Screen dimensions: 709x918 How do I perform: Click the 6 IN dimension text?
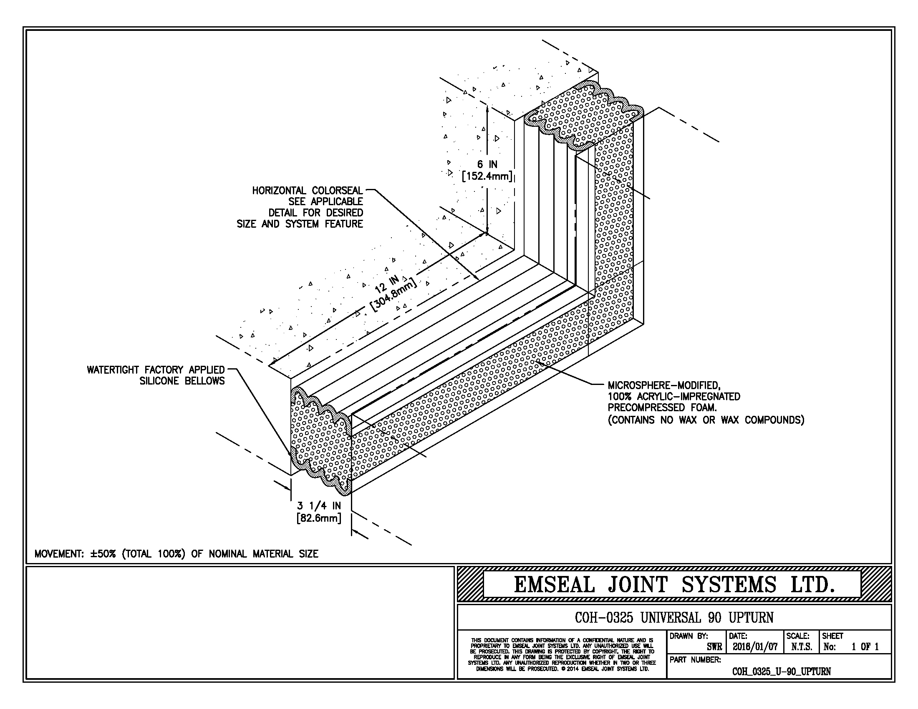pyautogui.click(x=487, y=165)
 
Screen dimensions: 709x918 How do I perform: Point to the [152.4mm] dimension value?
pyautogui.click(x=487, y=176)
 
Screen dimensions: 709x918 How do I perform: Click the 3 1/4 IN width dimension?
pyautogui.click(x=319, y=506)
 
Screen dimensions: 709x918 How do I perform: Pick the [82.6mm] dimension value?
pyautogui.click(x=319, y=518)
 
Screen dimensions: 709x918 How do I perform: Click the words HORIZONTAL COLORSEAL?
pyautogui.click(x=307, y=191)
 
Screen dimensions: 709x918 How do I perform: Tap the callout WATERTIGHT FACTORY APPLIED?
pyautogui.click(x=156, y=370)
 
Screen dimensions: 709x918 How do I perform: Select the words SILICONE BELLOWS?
pyautogui.click(x=182, y=381)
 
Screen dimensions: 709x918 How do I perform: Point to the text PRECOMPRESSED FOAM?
pyautogui.click(x=662, y=407)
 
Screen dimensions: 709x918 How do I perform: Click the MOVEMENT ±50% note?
pyautogui.click(x=176, y=553)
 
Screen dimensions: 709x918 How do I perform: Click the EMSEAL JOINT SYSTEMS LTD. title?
pyautogui.click(x=674, y=584)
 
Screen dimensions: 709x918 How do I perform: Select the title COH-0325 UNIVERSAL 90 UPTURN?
pyautogui.click(x=674, y=617)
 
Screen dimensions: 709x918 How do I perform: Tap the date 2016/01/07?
pyautogui.click(x=755, y=647)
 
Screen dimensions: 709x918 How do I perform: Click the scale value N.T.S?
pyautogui.click(x=802, y=647)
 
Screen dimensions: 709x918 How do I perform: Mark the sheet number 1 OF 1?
pyautogui.click(x=865, y=647)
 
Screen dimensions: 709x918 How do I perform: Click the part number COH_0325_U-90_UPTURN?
pyautogui.click(x=782, y=671)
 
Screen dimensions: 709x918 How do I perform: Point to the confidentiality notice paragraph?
pyautogui.click(x=562, y=654)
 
